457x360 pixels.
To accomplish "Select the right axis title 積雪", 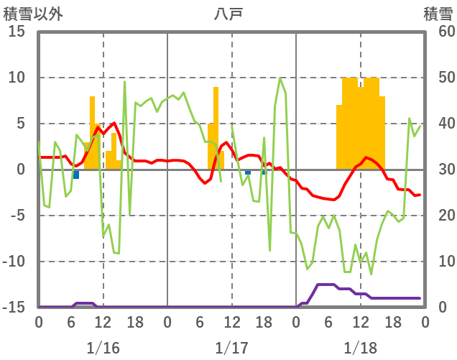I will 438,14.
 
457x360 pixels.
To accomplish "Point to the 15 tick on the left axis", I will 17,32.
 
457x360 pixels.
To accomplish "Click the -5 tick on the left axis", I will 17,216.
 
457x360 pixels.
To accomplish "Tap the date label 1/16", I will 103,348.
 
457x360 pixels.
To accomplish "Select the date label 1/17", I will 231,348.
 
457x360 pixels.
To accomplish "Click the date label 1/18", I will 360,348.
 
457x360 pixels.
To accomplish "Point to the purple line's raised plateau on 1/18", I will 326,285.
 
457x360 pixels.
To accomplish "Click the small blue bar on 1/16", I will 76,175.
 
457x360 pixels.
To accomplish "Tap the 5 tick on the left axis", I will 20,124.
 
